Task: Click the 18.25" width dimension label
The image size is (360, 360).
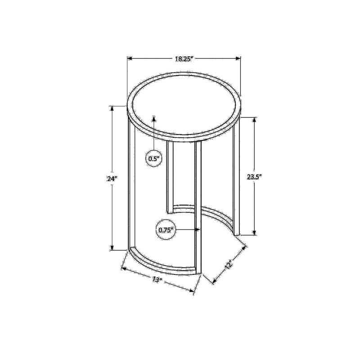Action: click(x=184, y=59)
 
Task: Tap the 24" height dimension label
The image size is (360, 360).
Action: click(x=112, y=178)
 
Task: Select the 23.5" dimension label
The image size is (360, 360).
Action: click(x=254, y=177)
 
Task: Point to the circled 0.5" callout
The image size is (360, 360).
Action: click(x=154, y=158)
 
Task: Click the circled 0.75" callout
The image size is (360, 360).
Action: click(x=166, y=230)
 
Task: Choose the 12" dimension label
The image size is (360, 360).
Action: click(x=229, y=265)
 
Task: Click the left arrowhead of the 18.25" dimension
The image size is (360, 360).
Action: click(x=130, y=58)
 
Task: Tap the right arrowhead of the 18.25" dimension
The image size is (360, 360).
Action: click(x=238, y=58)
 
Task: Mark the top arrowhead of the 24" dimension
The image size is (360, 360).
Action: click(x=112, y=108)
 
